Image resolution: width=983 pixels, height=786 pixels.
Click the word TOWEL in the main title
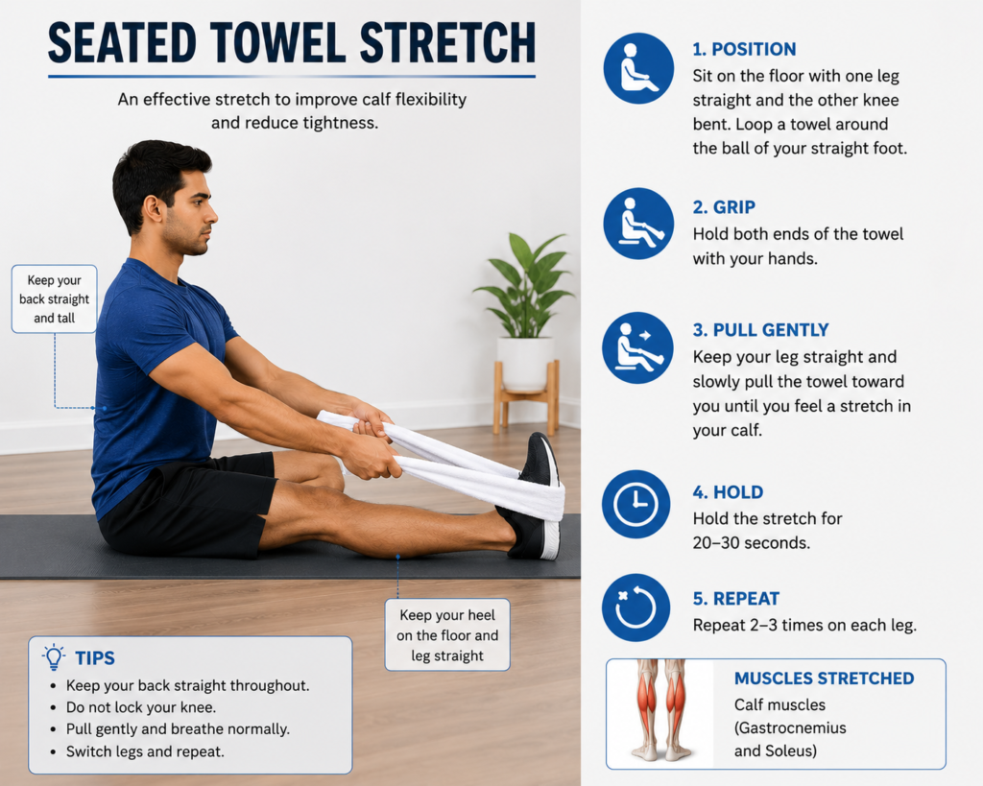(277, 43)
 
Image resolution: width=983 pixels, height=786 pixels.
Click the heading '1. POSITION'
(744, 49)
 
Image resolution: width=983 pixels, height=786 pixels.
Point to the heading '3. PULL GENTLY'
(760, 330)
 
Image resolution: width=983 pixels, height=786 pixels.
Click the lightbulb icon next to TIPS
(54, 656)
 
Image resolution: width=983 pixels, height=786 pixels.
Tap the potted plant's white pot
(525, 364)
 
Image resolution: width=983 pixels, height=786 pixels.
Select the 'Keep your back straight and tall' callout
(54, 299)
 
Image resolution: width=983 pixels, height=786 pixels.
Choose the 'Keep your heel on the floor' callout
(447, 635)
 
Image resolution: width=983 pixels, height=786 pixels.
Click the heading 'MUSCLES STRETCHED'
(824, 679)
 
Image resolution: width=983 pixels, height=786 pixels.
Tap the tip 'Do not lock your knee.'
(141, 707)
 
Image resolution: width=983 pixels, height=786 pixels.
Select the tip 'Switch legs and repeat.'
(145, 750)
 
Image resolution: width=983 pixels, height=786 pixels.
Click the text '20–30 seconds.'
(751, 543)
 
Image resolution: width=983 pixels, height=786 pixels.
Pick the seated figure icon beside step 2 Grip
(638, 224)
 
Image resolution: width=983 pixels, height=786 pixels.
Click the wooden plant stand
(526, 398)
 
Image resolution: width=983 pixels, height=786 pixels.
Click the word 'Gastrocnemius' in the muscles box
(792, 727)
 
